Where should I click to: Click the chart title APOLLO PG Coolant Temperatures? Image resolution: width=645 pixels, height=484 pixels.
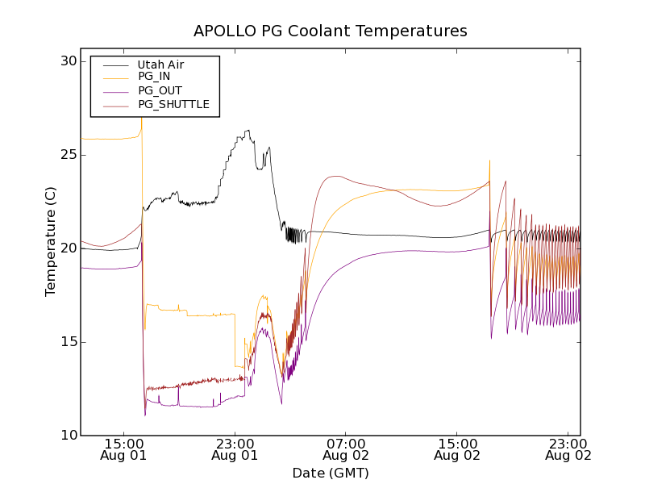(x=330, y=31)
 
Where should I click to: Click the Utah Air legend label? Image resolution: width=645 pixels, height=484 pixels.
(x=161, y=64)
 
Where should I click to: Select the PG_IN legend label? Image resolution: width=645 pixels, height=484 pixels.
(x=154, y=77)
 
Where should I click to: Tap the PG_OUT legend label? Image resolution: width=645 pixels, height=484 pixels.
(x=160, y=90)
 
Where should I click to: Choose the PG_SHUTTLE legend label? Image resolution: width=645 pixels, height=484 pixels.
(x=173, y=104)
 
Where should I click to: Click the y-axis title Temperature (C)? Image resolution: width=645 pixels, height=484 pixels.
(x=51, y=248)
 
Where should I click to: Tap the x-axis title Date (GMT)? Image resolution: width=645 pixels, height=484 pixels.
(x=330, y=473)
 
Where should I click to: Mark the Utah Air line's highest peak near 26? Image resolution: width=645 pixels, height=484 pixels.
(x=248, y=130)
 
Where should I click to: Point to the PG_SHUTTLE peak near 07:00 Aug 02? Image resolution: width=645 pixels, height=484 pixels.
(x=335, y=176)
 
